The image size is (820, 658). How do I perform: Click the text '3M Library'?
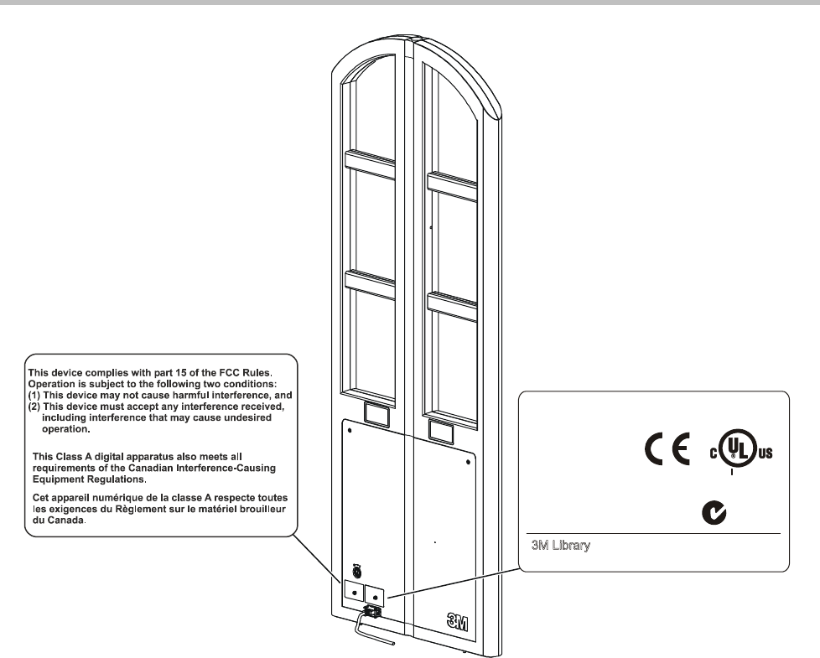coord(557,546)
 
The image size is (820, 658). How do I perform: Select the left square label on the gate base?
coord(355,593)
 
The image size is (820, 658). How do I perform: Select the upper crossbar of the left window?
coord(371,163)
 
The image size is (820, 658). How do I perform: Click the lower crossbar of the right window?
coord(453,305)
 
